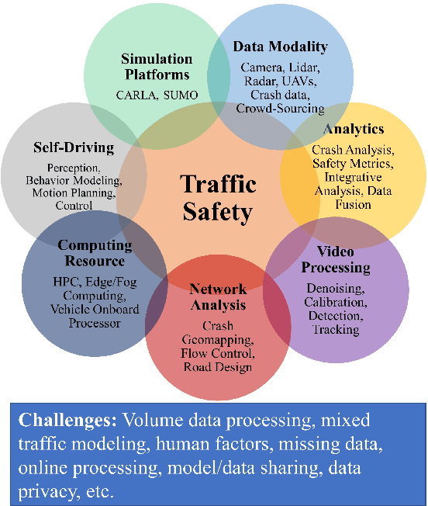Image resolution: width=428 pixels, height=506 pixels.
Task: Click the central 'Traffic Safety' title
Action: (219, 197)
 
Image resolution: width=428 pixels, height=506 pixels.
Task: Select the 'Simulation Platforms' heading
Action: (157, 67)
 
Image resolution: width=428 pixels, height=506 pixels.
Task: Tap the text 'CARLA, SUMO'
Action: (157, 95)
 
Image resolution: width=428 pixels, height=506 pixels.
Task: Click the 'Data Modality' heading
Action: (280, 47)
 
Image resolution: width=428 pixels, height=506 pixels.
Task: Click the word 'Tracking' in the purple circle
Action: (337, 329)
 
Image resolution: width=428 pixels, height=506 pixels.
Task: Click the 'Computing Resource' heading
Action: (95, 253)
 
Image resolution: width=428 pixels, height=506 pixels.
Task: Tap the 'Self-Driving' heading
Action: (74, 147)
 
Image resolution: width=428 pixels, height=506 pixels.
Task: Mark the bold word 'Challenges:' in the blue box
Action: (67, 421)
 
